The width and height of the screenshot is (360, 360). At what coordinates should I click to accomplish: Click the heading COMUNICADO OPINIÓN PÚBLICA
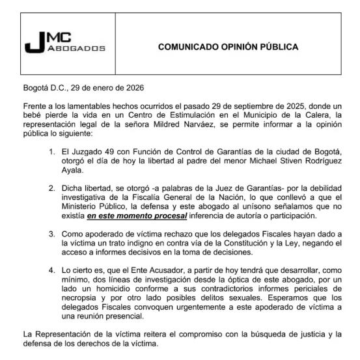pyautogui.click(x=228, y=47)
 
